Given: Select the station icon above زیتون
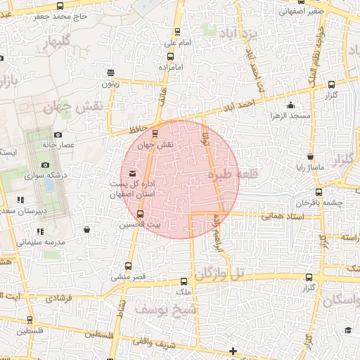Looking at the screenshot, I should pos(110,72).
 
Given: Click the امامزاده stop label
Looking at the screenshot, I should pos(170,67).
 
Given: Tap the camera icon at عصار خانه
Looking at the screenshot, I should pos(58,134).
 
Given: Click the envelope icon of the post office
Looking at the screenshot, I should pos(131,173).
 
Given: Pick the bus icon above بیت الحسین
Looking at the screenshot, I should pos(140,213).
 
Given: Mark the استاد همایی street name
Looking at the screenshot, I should pos(276,217).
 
